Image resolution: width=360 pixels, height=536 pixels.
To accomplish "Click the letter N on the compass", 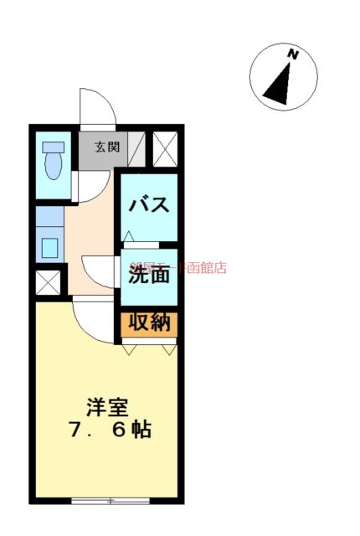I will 293,54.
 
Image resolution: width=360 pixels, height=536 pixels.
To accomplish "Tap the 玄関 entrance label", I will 106,147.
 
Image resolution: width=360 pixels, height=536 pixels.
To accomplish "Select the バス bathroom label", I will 150,204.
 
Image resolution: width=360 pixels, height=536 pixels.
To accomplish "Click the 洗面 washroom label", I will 150,273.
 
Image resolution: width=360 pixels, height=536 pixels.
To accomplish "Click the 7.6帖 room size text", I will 109,431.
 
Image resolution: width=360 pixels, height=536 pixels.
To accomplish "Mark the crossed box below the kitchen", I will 49,282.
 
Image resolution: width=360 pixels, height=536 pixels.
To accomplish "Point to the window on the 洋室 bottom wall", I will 109,501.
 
